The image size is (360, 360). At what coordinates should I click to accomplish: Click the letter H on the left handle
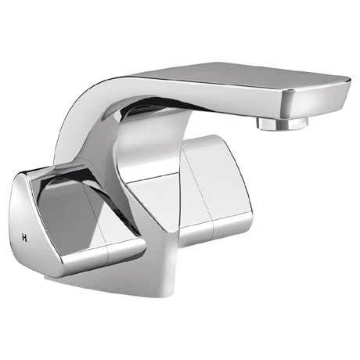[27, 236]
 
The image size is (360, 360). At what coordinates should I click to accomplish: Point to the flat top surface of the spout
[235, 78]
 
